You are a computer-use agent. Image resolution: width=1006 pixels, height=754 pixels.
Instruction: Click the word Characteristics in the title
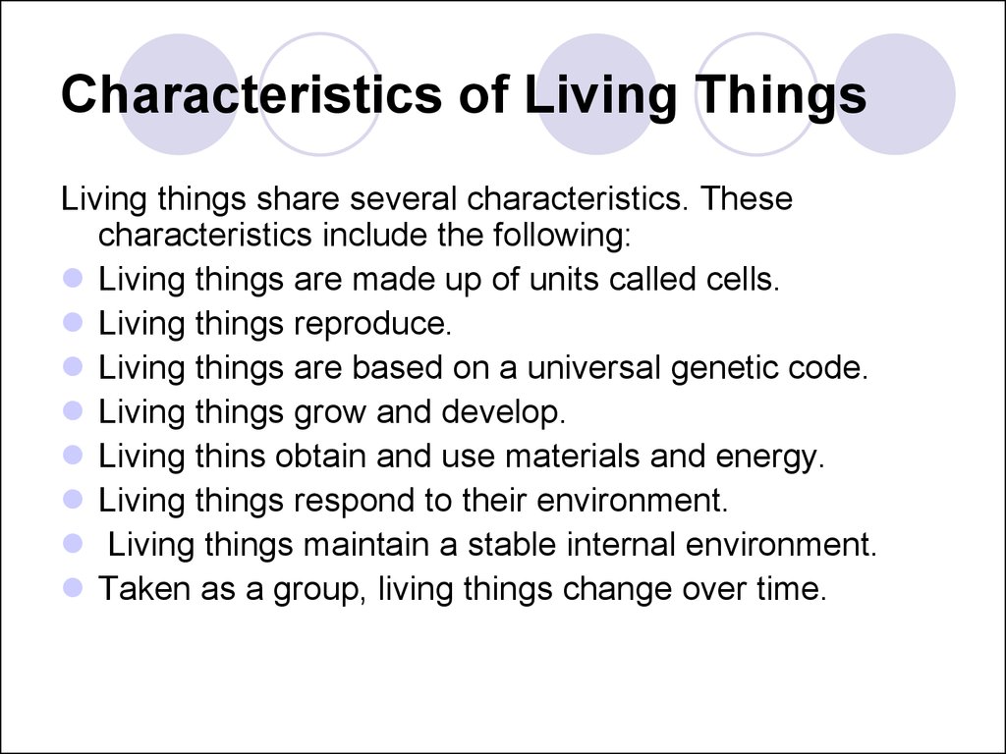251,93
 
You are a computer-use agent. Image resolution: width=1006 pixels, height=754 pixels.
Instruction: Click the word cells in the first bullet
743,279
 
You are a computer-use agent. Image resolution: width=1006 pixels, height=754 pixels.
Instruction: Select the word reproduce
372,324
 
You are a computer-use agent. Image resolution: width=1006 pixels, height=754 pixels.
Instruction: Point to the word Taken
144,589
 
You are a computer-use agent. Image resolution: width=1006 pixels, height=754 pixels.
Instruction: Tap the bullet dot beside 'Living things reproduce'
73,322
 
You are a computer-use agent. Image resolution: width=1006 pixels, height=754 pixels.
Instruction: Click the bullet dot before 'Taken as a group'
73,587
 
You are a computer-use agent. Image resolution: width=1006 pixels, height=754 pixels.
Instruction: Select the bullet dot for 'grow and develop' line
73,410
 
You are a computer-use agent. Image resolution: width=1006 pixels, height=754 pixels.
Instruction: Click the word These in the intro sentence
747,198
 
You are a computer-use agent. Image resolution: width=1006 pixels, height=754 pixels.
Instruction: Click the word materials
573,456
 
